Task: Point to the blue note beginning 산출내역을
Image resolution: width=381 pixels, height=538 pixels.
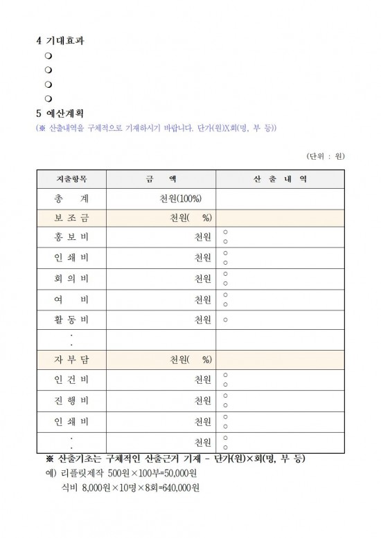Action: (157, 129)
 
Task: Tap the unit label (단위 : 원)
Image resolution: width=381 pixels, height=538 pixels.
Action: (325, 156)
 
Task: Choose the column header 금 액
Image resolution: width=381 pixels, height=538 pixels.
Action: (161, 178)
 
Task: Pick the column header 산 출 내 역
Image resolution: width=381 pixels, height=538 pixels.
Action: (281, 178)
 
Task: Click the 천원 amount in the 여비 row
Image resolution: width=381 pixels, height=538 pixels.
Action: (203, 300)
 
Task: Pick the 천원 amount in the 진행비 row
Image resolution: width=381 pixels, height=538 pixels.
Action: (203, 401)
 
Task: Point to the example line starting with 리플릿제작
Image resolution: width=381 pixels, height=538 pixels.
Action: (128, 474)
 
